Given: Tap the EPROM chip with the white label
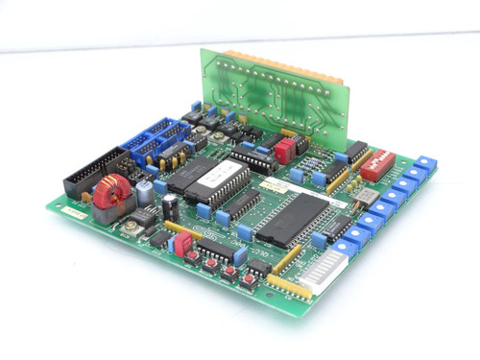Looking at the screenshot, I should coord(213,179).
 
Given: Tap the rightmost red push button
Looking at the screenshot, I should coord(249,279).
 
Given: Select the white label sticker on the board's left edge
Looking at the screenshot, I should coord(70,216).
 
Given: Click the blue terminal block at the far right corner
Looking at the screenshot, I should coord(426,163).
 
